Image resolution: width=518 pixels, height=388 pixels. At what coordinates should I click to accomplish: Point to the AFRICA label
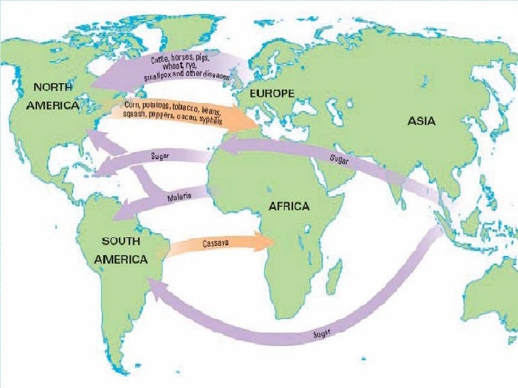(288, 207)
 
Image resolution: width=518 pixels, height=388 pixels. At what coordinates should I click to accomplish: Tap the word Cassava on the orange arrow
(215, 243)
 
